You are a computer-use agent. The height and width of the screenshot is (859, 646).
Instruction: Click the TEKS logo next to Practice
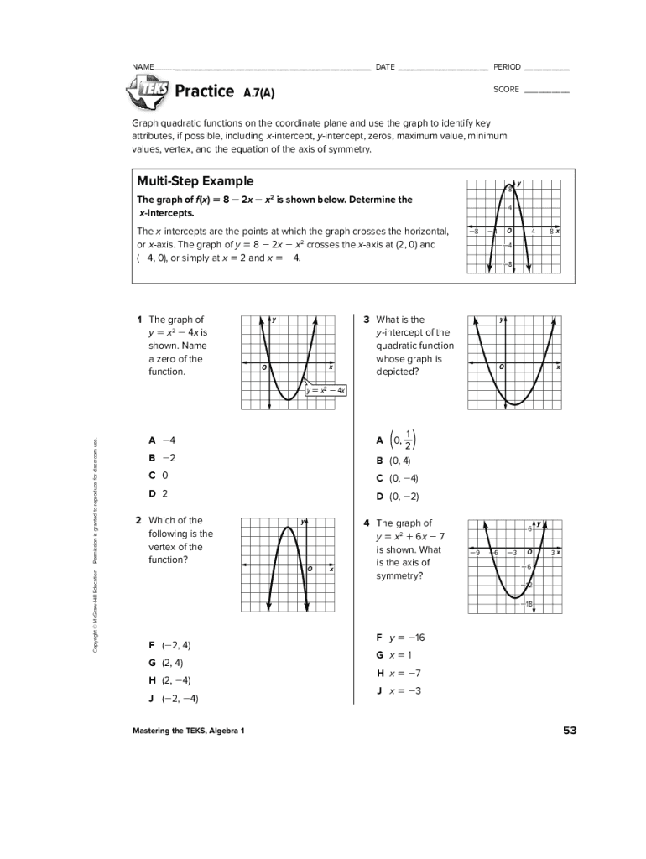148,91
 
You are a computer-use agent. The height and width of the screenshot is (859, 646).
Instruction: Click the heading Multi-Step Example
195,181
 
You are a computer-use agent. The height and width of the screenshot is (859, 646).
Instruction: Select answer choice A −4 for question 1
162,440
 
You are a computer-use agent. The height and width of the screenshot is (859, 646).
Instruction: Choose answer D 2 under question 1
159,493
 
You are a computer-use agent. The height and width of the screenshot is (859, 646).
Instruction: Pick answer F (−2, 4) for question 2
169,645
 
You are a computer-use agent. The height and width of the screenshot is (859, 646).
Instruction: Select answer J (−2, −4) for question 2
173,698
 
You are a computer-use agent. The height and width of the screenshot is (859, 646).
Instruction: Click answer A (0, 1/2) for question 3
397,440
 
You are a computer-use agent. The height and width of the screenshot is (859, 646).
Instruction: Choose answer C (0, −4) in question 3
398,478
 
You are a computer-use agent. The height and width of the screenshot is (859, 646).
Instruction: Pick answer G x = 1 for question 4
393,654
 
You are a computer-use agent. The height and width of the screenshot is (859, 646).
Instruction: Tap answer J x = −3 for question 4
399,690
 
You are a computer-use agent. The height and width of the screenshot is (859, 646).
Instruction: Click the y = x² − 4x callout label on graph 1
326,390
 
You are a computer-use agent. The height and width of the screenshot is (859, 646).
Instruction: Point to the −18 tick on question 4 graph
528,604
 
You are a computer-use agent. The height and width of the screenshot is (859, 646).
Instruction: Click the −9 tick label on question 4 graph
474,553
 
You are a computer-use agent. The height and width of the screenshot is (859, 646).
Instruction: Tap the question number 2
138,520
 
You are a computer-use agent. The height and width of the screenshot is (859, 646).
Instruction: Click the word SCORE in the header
506,90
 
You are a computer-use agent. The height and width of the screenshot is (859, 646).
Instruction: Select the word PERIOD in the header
507,67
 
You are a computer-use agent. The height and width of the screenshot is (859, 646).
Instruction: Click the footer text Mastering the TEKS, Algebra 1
188,731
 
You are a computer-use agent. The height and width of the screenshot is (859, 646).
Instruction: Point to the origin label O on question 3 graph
501,367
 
